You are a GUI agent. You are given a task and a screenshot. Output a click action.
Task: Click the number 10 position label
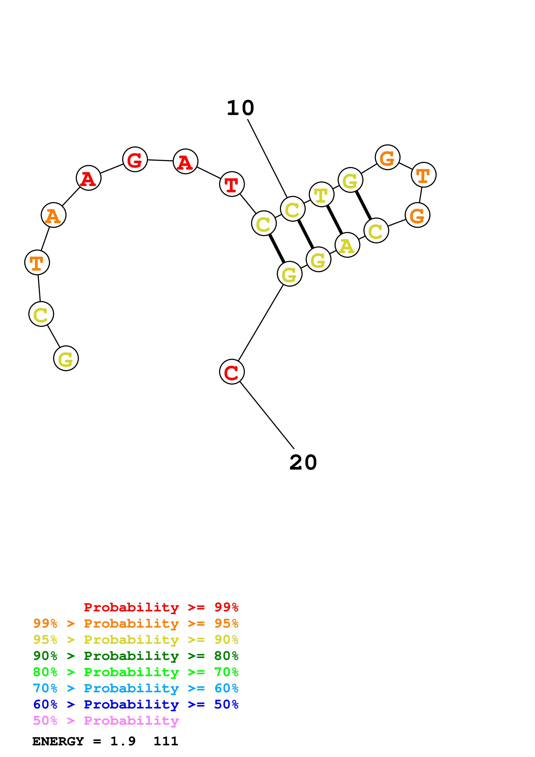coord(240,108)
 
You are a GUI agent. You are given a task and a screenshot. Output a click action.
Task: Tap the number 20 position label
coord(303,463)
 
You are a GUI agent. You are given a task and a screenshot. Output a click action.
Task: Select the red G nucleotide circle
coord(135,159)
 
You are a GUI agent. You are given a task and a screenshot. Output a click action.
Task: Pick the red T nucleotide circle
coord(232,184)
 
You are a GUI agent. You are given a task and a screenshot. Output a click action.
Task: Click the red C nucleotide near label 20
coord(232,372)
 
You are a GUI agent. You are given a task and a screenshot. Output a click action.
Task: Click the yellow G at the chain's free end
coord(66,358)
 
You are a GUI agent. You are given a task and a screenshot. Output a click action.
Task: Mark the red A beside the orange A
coord(88,178)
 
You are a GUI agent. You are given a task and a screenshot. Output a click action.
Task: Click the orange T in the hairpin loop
coord(424,175)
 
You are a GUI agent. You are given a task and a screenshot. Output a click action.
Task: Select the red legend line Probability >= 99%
coord(161,607)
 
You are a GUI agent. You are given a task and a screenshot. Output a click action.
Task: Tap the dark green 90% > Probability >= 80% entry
coord(136,656)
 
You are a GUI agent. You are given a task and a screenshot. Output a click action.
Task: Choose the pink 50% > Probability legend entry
coord(106,721)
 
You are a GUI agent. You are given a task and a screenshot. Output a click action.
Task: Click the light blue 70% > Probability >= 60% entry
coord(136,688)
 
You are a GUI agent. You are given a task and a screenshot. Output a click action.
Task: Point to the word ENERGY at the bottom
coord(58,741)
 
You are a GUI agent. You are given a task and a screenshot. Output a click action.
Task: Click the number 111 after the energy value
coord(166,741)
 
